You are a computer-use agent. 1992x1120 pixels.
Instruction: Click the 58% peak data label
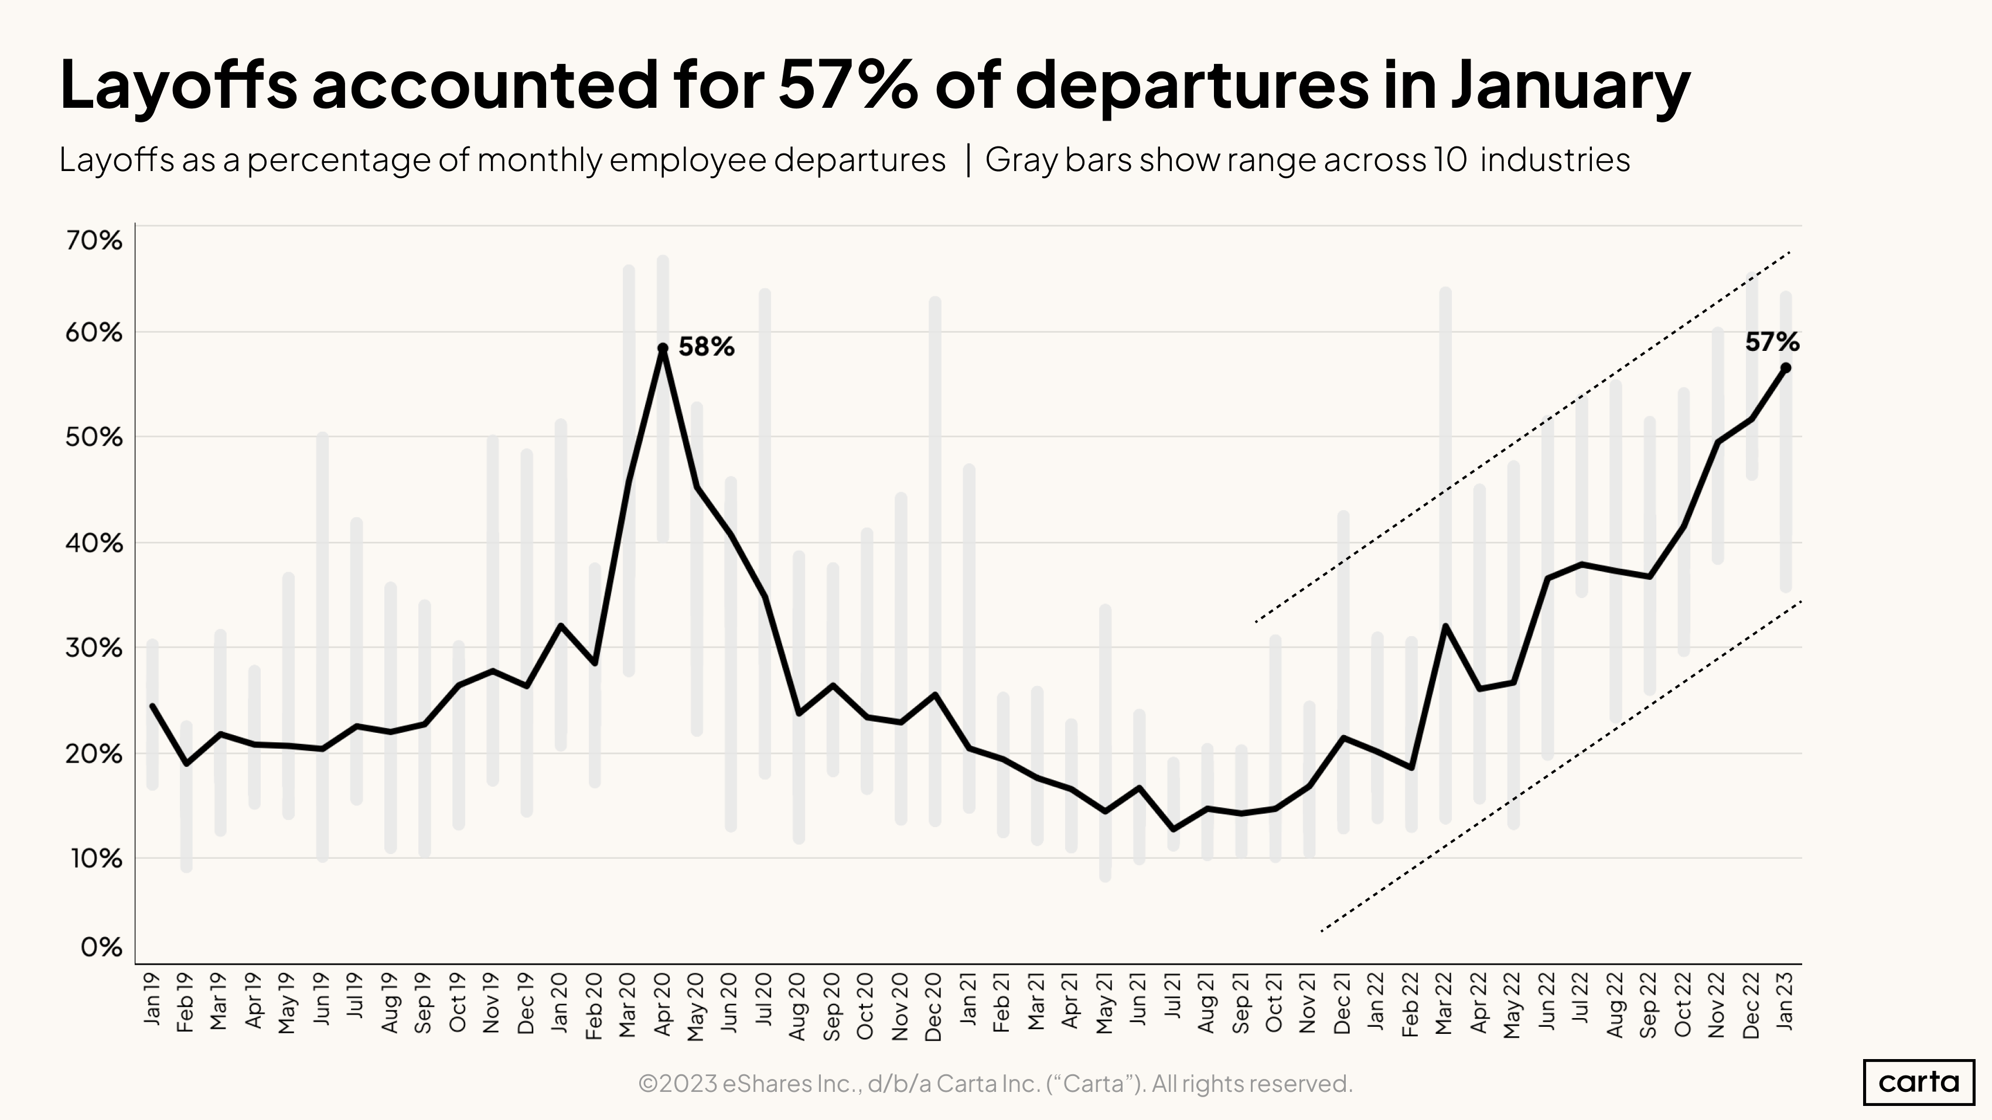705,347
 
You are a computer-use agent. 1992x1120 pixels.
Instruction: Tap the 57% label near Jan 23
1772,343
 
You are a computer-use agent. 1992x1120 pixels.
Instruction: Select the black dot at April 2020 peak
663,349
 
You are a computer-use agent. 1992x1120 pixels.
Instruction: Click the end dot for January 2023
1786,368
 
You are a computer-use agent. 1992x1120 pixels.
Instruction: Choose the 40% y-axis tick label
94,544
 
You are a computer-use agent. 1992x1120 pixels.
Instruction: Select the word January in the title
1570,85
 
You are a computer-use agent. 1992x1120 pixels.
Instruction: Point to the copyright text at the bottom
995,1084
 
